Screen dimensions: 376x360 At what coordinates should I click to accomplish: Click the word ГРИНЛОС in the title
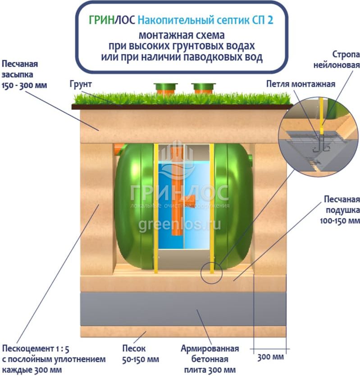(x=111, y=21)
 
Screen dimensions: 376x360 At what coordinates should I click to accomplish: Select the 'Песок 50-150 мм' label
(x=141, y=354)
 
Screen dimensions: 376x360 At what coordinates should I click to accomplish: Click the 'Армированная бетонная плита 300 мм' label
(x=210, y=359)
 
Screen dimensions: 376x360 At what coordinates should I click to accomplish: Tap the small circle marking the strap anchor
(x=211, y=272)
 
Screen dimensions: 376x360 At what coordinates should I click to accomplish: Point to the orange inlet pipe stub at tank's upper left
(x=119, y=147)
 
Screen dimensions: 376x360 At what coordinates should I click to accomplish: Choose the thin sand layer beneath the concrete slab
(x=183, y=332)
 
